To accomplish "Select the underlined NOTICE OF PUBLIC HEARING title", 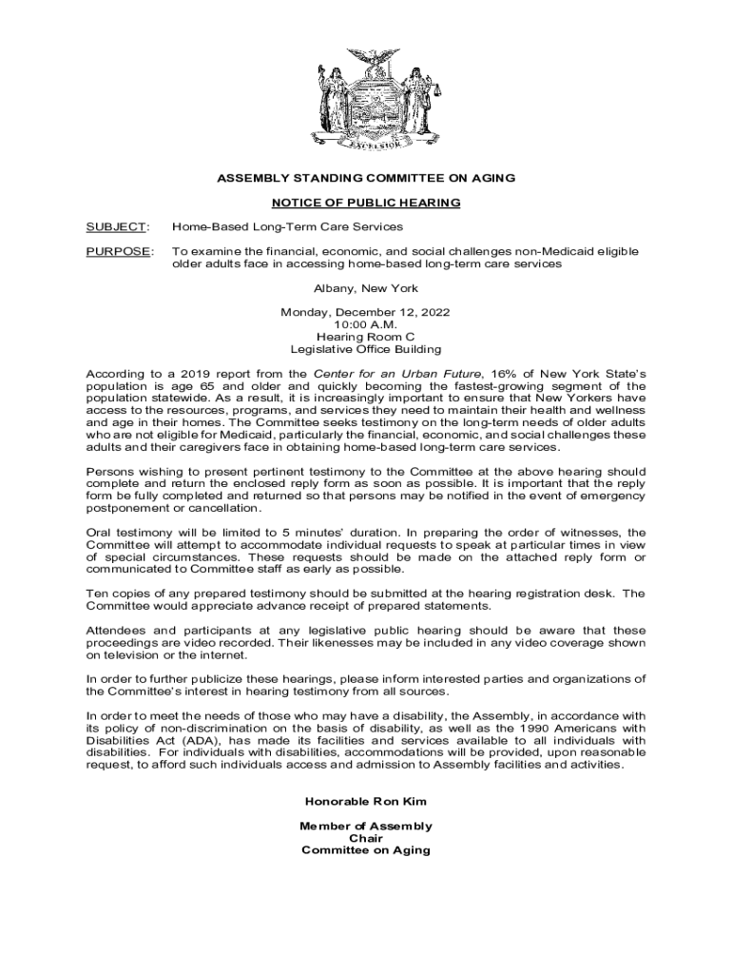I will (366, 203).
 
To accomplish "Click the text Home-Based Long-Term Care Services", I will (287, 226).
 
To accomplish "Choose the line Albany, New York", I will (366, 288).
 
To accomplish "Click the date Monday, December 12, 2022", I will (366, 312).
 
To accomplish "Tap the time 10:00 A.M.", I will (366, 324).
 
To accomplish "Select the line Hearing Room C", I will (366, 337).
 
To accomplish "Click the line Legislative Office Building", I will (366, 349).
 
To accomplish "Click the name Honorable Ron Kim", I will (366, 802).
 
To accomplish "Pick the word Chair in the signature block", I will (366, 838).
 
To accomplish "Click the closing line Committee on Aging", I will (366, 850).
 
